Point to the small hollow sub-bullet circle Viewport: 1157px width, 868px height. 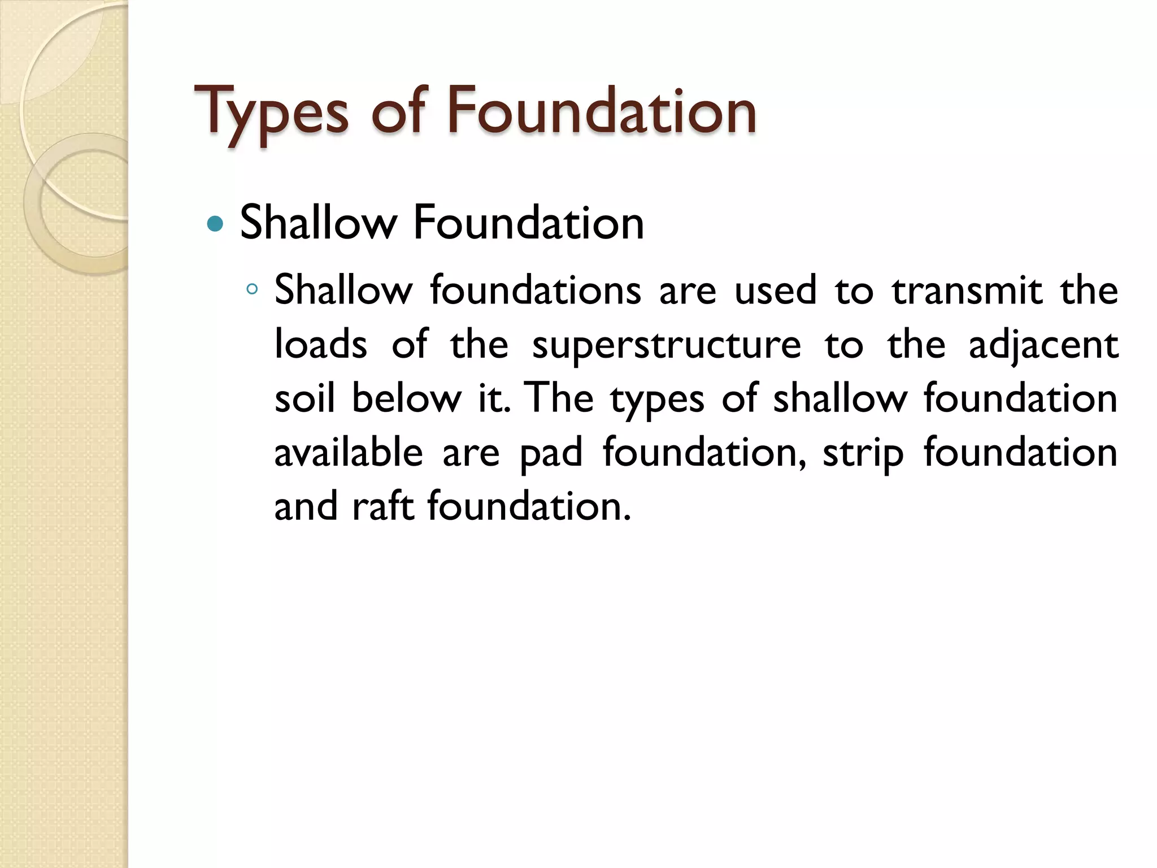(x=252, y=290)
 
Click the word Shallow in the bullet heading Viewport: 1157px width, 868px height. (x=319, y=223)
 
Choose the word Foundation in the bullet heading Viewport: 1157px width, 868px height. (x=528, y=223)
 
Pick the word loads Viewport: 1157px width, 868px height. (x=320, y=344)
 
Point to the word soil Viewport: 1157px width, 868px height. (x=304, y=398)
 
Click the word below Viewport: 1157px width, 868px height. (x=407, y=398)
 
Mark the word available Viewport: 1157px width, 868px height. (x=349, y=452)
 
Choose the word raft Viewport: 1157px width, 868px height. (x=382, y=506)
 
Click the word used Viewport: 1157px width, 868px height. (x=776, y=290)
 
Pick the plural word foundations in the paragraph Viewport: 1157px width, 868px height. (x=536, y=290)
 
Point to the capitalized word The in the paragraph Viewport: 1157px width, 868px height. (x=560, y=398)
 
